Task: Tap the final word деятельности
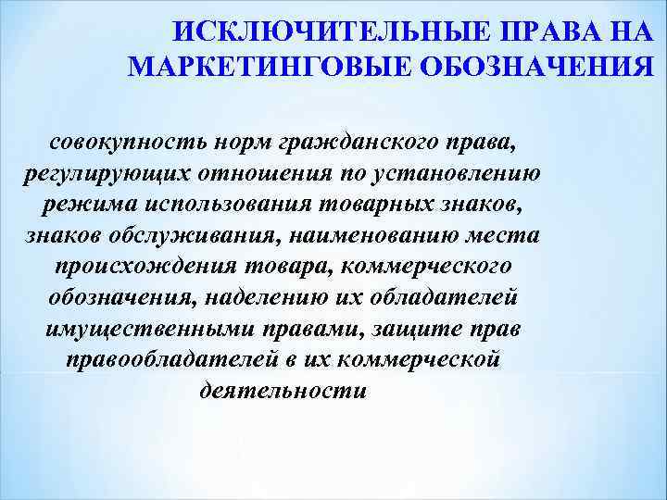(283, 389)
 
